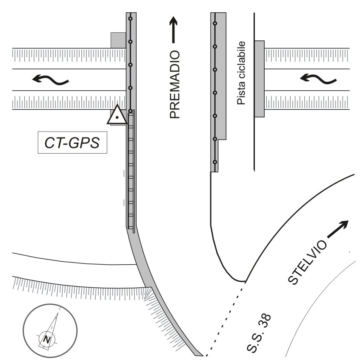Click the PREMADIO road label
(175, 84)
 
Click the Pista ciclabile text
(242, 73)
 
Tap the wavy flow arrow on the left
(51, 79)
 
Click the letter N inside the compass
(47, 339)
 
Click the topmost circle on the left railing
(131, 19)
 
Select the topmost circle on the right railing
(215, 22)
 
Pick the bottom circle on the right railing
(215, 162)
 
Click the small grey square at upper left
(118, 40)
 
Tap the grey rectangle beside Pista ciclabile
(259, 79)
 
